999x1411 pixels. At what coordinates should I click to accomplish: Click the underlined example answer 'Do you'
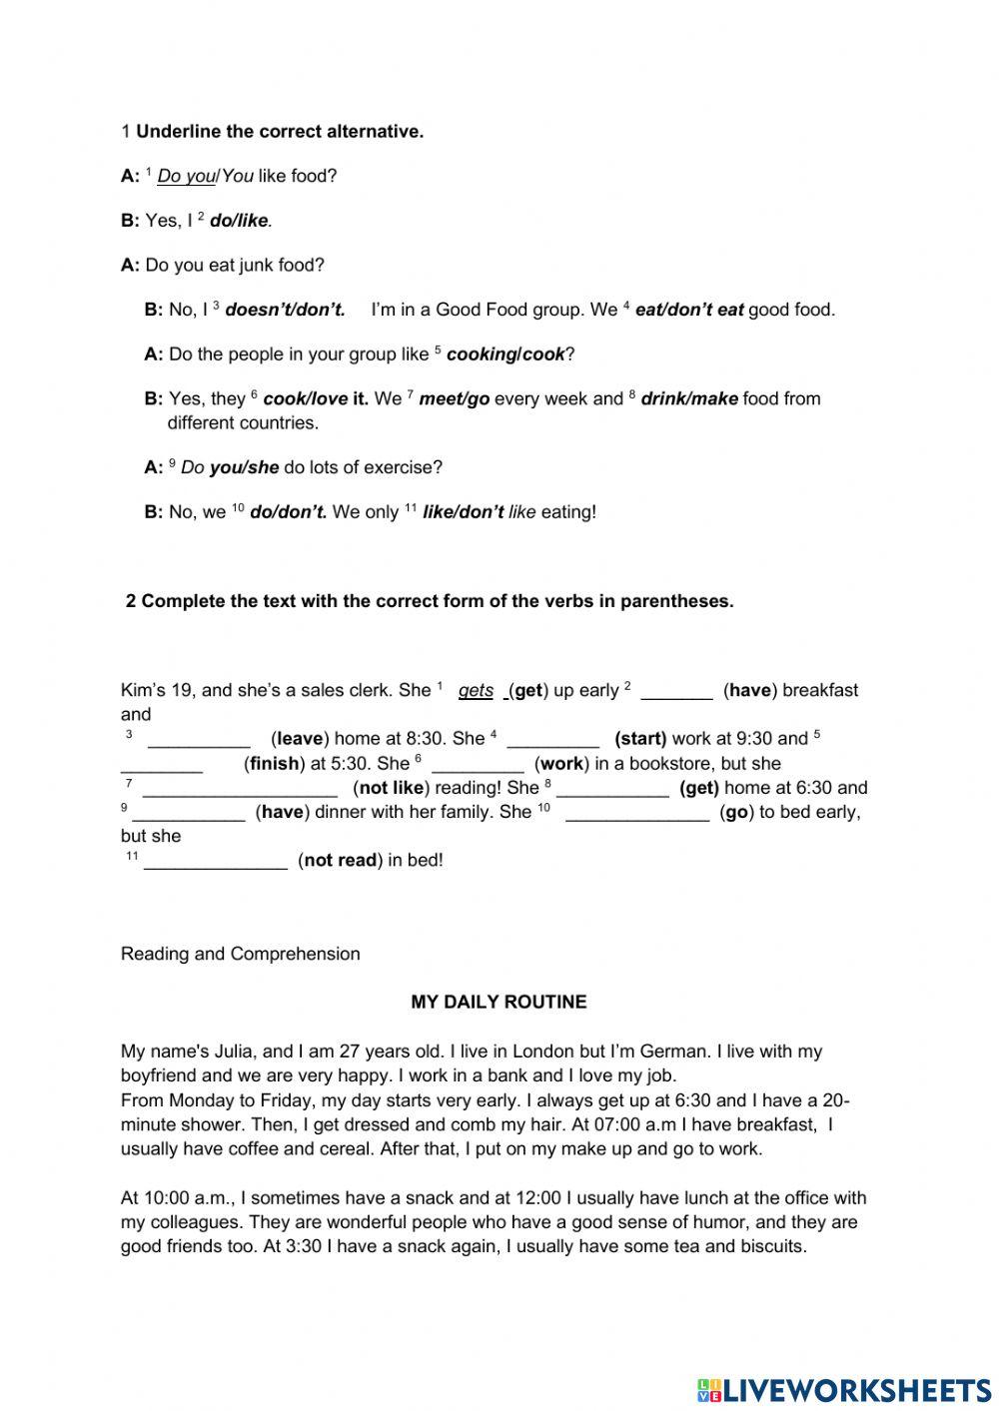[x=186, y=176]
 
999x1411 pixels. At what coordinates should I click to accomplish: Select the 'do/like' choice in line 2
[x=239, y=221]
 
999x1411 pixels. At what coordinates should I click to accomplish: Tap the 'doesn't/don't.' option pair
[x=285, y=310]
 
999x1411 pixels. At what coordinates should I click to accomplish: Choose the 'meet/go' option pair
[x=454, y=398]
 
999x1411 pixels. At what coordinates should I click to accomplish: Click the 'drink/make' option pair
[x=689, y=398]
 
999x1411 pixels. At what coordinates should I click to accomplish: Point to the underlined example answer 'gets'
[x=476, y=690]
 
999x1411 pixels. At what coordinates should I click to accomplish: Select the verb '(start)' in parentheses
[x=640, y=739]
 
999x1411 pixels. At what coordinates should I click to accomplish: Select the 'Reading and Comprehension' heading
[x=240, y=954]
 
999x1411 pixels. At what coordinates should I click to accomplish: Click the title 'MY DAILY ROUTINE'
[x=499, y=1002]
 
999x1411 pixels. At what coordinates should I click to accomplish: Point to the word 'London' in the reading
[x=537, y=1052]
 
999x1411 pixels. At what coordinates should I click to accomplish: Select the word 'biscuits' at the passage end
[x=768, y=1246]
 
